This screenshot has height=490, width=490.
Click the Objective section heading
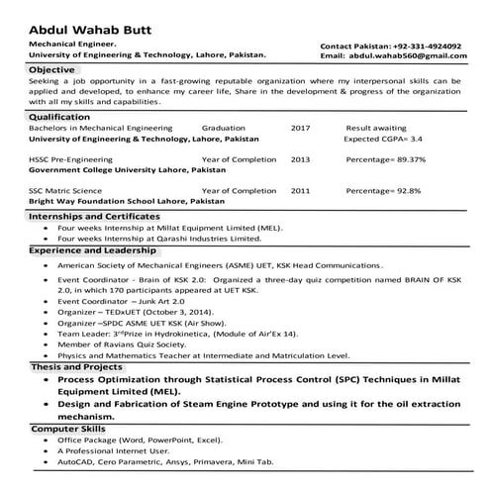coord(51,70)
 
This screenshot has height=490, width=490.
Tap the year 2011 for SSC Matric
coord(300,190)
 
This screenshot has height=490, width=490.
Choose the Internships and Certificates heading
coord(94,215)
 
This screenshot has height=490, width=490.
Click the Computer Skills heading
coord(68,429)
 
